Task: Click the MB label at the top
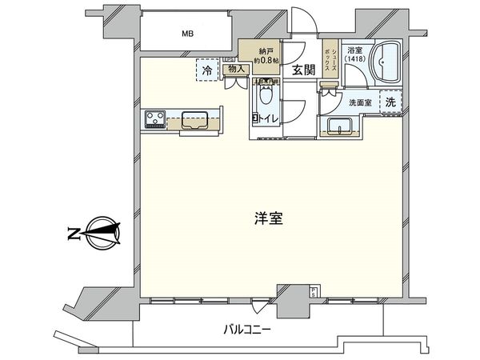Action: (186, 34)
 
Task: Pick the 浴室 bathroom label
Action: (354, 49)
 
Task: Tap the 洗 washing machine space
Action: (390, 102)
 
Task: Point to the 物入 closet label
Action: (234, 70)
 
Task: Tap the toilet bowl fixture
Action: (266, 100)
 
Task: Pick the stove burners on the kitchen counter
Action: (154, 122)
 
